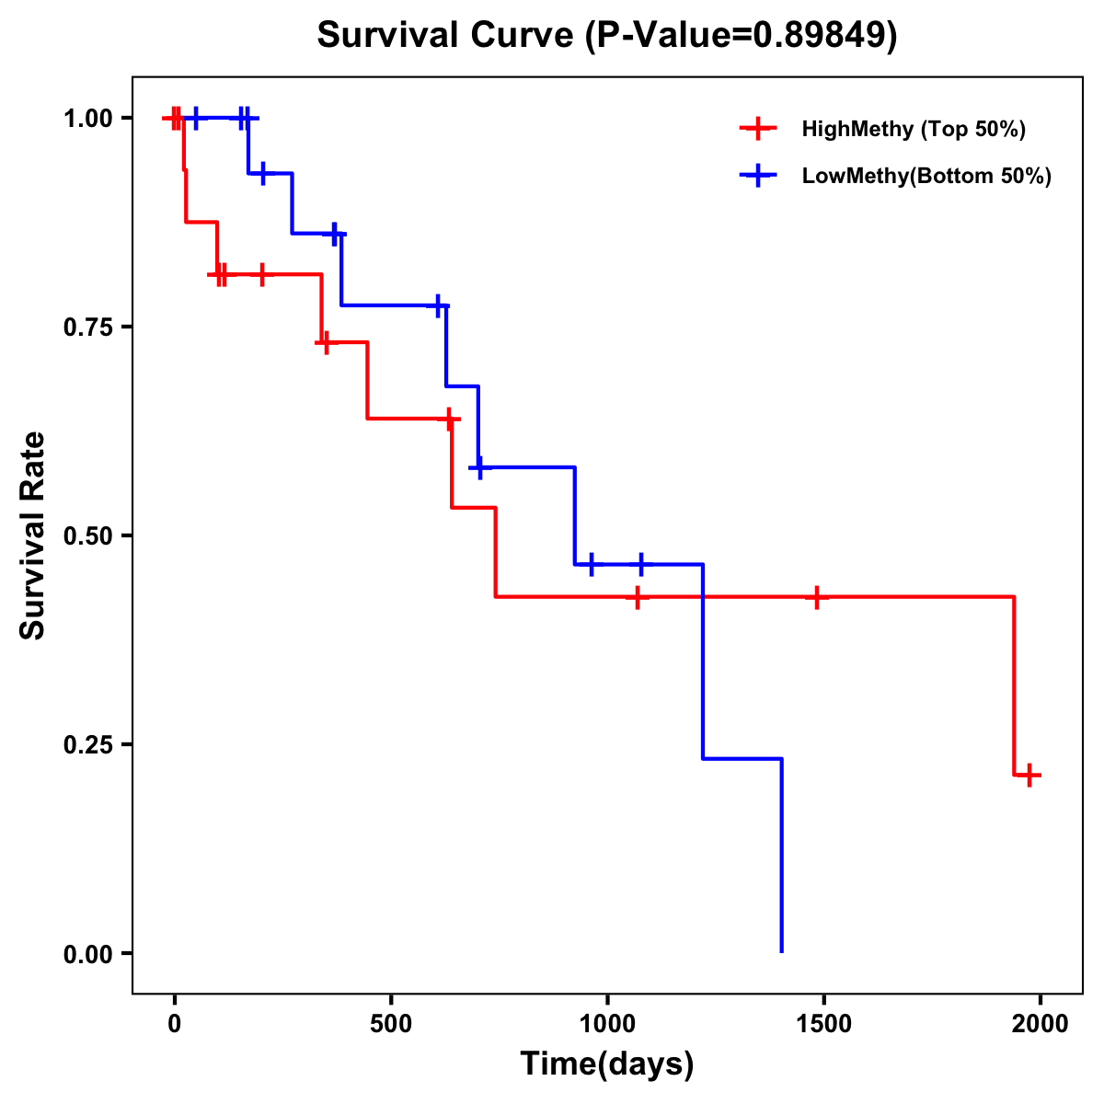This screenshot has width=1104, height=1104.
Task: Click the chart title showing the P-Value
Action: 606,35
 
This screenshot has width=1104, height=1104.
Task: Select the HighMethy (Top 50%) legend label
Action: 913,129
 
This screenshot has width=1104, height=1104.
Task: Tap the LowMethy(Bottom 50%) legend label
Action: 926,176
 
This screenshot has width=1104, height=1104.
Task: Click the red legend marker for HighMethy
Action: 758,129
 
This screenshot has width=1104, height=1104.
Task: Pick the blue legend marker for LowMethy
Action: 758,176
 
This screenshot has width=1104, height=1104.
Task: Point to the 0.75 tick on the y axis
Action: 87,327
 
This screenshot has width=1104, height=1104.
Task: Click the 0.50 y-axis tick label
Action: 87,535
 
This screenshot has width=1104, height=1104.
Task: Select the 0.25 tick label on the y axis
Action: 87,744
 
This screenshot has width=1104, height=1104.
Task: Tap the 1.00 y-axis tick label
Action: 87,118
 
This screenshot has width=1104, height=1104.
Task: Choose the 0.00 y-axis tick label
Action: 87,953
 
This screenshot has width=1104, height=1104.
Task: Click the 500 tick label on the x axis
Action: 391,1024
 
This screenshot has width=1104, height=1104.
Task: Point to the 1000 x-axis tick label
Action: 607,1024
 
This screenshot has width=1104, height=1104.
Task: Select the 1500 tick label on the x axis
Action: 823,1024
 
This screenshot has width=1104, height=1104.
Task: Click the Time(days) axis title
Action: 607,1064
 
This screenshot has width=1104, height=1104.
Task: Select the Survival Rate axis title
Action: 33,535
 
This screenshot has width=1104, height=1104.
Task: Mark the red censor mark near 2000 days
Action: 1029,775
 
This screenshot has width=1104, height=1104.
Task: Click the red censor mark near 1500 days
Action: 816,597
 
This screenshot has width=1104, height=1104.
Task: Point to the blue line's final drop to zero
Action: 781,856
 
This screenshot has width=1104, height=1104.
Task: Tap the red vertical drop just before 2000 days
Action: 1014,685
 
